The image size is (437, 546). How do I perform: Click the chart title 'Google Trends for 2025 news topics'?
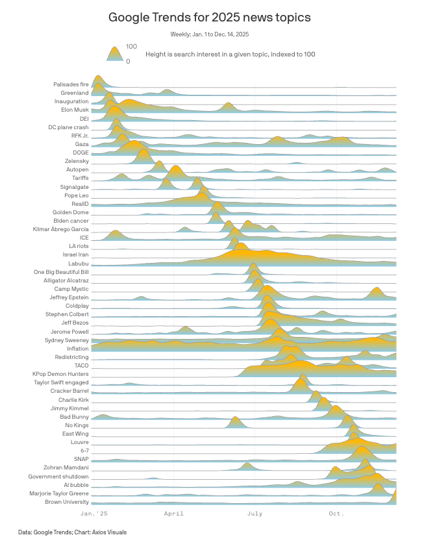point(209,18)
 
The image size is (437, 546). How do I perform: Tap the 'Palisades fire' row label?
point(71,84)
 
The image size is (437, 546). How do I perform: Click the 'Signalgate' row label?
point(74,186)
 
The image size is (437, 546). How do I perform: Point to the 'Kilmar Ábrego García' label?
point(60,229)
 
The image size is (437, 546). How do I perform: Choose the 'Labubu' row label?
point(78,263)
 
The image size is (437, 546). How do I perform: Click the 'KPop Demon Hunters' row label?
point(60,374)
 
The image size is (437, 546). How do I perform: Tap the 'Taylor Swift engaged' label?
point(61,382)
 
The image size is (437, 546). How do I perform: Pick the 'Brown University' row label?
point(66,502)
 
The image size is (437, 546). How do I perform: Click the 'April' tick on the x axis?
point(173,514)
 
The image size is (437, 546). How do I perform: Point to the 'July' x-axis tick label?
point(255,514)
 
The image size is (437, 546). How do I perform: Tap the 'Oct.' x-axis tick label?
point(336,514)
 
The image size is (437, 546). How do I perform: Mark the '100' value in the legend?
point(131,47)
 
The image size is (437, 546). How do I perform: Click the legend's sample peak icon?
point(114,54)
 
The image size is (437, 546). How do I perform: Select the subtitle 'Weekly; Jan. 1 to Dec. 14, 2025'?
point(209,34)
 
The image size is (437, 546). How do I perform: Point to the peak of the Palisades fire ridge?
point(98,76)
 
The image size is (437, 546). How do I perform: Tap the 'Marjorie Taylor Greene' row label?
point(59,493)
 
